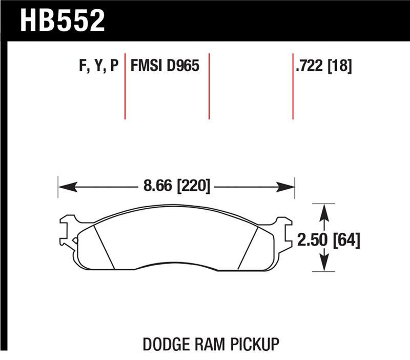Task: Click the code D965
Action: tap(181, 66)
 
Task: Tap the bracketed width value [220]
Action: tap(194, 186)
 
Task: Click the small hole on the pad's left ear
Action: tap(75, 239)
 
